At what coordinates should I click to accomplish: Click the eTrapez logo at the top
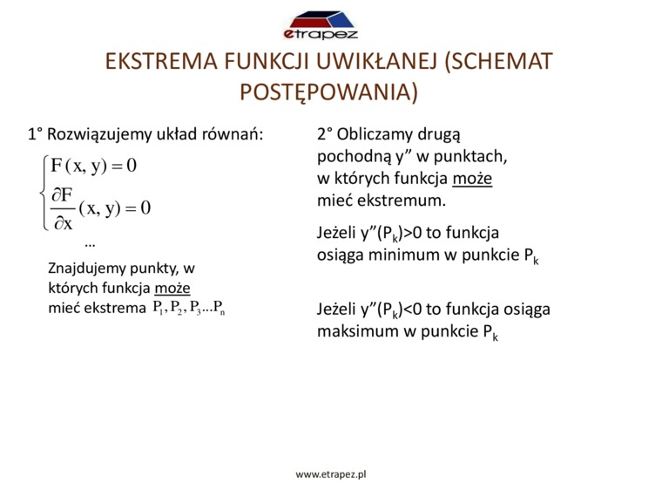point(320,25)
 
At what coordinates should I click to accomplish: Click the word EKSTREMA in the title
point(161,61)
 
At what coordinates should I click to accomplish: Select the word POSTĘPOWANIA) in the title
point(329,92)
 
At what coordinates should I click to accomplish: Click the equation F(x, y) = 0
point(94,166)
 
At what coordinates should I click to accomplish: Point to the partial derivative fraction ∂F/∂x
point(63,208)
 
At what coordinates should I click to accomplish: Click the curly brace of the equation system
point(44,193)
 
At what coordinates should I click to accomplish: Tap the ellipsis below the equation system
point(90,244)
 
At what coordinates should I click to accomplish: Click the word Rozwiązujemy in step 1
point(99,135)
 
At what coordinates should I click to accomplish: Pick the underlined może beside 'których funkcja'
point(172,289)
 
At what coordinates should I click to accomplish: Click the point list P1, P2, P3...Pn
point(189,308)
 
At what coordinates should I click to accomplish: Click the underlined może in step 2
point(472,179)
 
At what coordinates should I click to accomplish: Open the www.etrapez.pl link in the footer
point(331,474)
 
